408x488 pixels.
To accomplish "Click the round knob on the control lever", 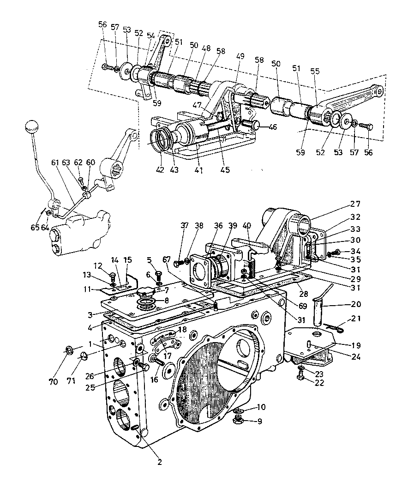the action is point(31,126).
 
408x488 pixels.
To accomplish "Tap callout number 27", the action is point(355,204).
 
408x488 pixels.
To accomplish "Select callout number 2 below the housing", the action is point(160,462).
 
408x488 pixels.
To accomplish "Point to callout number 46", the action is point(273,127).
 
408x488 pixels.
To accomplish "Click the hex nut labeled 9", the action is point(238,422).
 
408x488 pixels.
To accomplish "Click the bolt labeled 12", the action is point(112,276).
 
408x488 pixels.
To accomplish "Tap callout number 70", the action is point(53,381).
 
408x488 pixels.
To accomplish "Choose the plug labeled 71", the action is point(83,356).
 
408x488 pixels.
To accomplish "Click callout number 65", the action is point(35,228).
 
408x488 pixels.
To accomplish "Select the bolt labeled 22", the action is point(301,376).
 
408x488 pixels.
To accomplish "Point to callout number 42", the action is point(160,170).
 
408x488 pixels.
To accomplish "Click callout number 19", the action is point(356,345).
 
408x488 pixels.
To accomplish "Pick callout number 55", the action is point(315,71).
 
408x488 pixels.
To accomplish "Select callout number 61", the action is point(55,163).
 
